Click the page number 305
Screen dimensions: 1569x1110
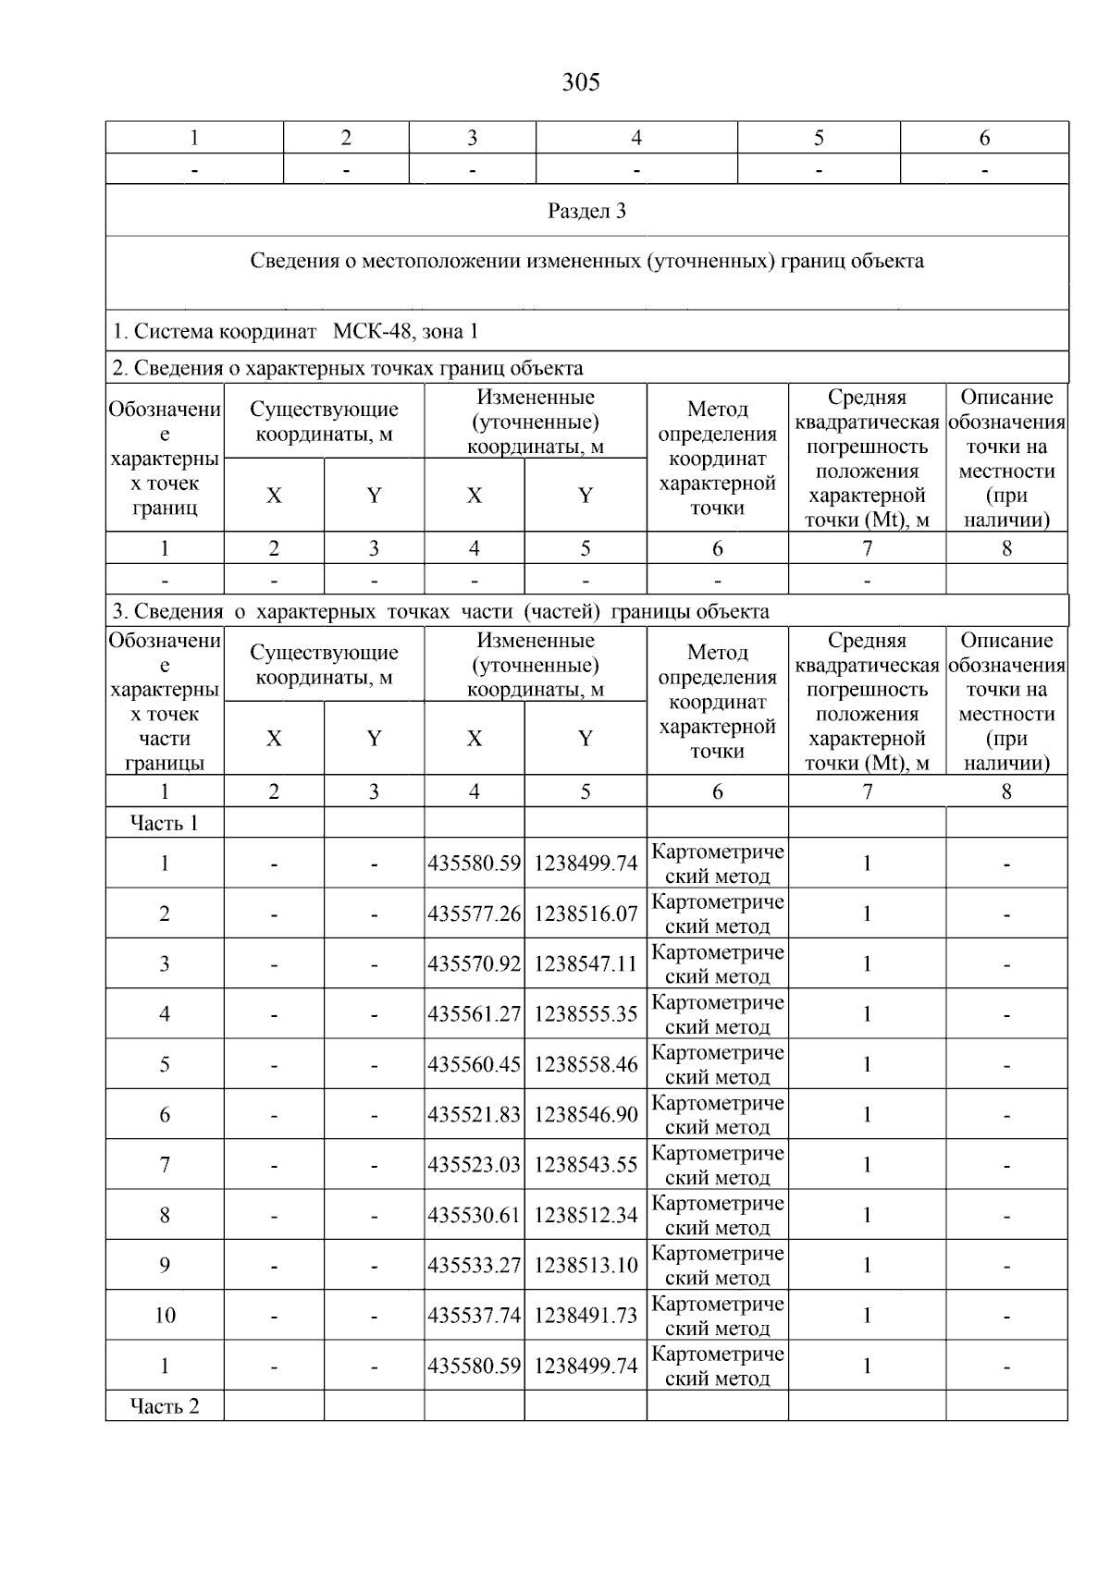pyautogui.click(x=580, y=83)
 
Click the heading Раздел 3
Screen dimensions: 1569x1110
pyautogui.click(x=586, y=211)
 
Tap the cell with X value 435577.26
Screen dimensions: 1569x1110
pyautogui.click(x=474, y=914)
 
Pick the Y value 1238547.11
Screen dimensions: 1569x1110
pyautogui.click(x=586, y=964)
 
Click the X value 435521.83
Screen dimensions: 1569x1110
pyautogui.click(x=474, y=1115)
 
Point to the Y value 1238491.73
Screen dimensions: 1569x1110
pyautogui.click(x=586, y=1316)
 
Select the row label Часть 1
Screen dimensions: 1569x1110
pyautogui.click(x=165, y=823)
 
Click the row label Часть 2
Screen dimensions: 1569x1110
pyautogui.click(x=165, y=1406)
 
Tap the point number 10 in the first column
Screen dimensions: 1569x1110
pyautogui.click(x=165, y=1316)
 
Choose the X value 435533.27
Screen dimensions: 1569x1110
pyautogui.click(x=474, y=1266)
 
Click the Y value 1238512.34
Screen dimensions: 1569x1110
pyautogui.click(x=586, y=1216)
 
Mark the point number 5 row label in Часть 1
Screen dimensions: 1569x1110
pyautogui.click(x=165, y=1065)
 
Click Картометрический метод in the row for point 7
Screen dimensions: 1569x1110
pyautogui.click(x=717, y=1165)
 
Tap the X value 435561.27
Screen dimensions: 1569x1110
pyautogui.click(x=474, y=1015)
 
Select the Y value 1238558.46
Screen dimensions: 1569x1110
pyautogui.click(x=586, y=1065)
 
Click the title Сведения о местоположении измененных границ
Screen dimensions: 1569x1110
pyautogui.click(x=586, y=261)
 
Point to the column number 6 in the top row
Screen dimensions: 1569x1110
pyautogui.click(x=984, y=138)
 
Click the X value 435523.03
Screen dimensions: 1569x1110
pyautogui.click(x=474, y=1165)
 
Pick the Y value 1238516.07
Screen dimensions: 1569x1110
pyautogui.click(x=586, y=914)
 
